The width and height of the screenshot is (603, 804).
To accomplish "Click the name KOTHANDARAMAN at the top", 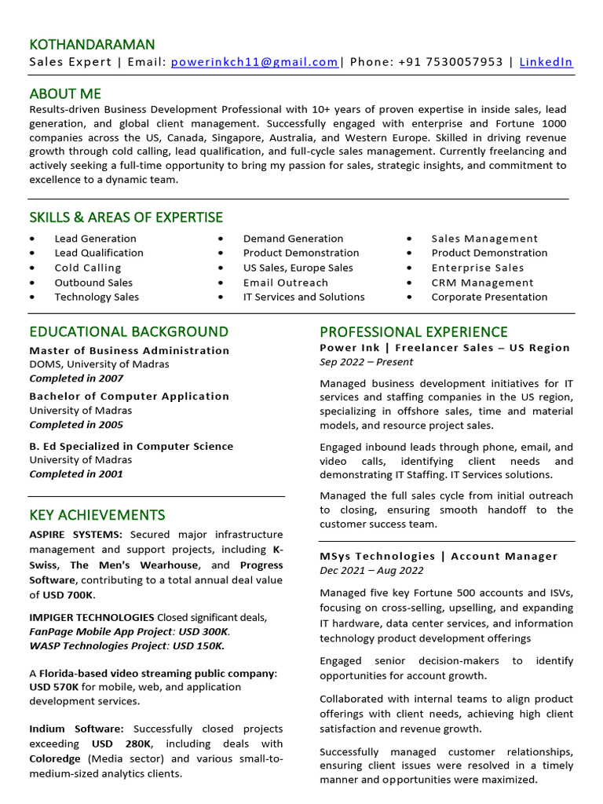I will point(92,44).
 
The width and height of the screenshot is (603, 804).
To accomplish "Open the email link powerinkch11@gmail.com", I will point(254,62).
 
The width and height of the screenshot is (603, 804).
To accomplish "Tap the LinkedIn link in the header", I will point(546,62).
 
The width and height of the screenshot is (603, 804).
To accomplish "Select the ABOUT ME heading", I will point(65,93).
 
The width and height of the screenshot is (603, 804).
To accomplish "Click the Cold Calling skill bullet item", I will point(88,268).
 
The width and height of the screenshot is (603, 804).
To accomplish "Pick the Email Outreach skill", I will point(286,283).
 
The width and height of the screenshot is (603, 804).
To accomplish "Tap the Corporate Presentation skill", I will point(489,297).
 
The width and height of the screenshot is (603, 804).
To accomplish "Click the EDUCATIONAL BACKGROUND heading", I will point(129,331).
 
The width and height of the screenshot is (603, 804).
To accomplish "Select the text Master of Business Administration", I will point(130,350).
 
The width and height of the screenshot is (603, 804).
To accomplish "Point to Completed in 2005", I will point(76,425).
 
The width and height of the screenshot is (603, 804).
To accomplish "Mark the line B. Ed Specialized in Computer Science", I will point(131,446).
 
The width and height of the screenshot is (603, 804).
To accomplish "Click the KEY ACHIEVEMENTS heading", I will point(97,515).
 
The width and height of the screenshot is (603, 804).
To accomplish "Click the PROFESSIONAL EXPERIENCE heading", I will point(414,331).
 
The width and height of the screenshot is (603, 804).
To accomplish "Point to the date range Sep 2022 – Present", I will point(366,362).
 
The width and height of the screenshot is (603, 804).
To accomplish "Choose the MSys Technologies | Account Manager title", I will point(439,556).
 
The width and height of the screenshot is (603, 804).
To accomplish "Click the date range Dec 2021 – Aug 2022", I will point(371,571).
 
